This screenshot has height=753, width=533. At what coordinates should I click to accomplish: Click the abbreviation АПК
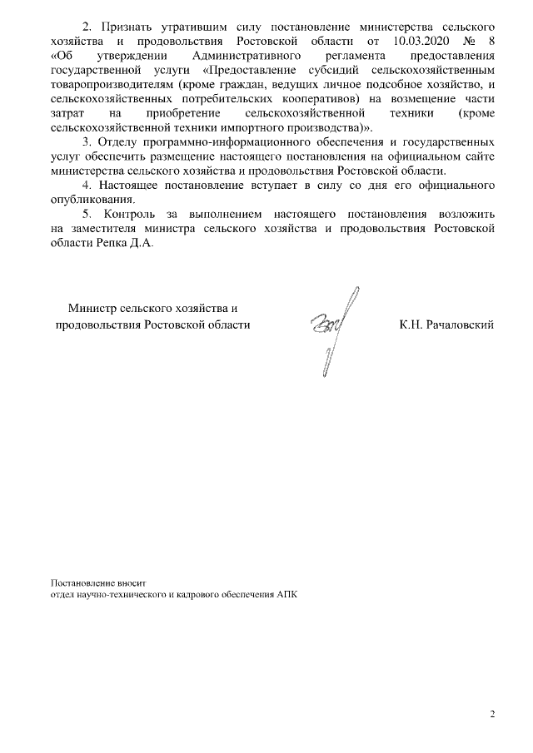(x=285, y=596)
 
